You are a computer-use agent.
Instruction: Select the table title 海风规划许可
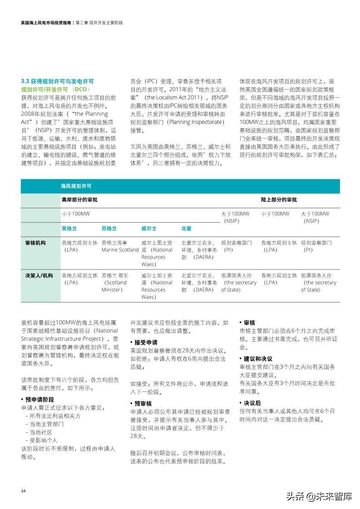point(76,186)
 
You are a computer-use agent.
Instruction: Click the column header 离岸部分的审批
point(79,200)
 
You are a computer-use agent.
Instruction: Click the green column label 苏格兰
point(109,228)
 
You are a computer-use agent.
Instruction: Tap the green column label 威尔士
point(149,228)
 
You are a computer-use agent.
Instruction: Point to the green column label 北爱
point(186,228)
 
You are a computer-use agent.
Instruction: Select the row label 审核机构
point(35,243)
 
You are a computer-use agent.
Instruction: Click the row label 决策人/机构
point(39,275)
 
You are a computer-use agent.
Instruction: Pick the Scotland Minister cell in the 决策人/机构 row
point(115,282)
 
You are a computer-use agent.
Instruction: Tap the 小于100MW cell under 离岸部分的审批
point(76,214)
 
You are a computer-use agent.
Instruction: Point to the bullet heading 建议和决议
point(257,358)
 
